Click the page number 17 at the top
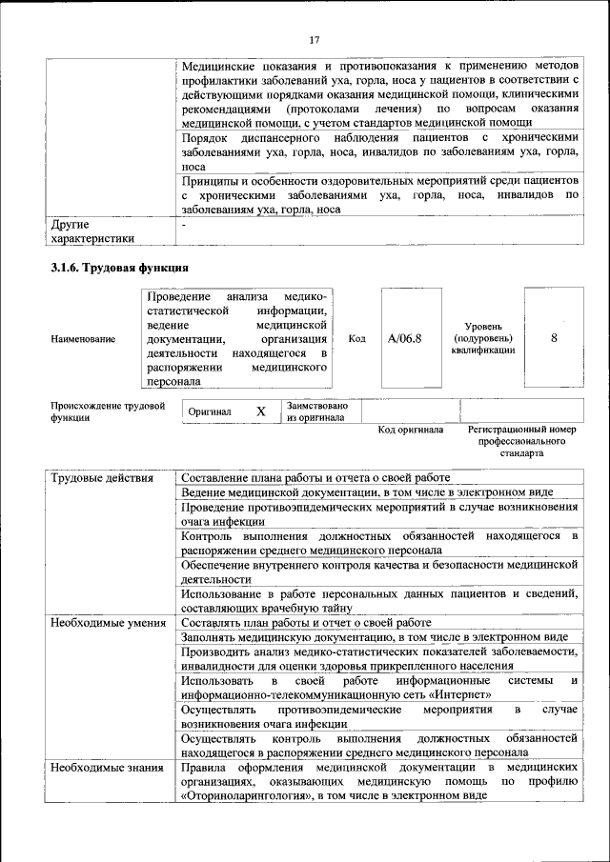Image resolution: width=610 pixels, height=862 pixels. click(x=315, y=39)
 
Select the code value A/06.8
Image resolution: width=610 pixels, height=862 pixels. click(x=405, y=338)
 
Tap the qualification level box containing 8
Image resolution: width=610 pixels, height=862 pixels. click(x=554, y=338)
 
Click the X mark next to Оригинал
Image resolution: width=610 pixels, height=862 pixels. click(x=260, y=411)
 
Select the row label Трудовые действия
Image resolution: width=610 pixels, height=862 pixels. click(x=102, y=477)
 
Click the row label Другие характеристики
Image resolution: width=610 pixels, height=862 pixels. click(x=91, y=231)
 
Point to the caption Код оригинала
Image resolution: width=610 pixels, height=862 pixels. click(x=411, y=430)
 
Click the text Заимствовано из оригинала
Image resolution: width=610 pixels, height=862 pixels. click(x=317, y=411)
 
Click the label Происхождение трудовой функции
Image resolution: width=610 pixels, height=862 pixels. click(x=107, y=411)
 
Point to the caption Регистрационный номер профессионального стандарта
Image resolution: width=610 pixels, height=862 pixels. click(x=522, y=441)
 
